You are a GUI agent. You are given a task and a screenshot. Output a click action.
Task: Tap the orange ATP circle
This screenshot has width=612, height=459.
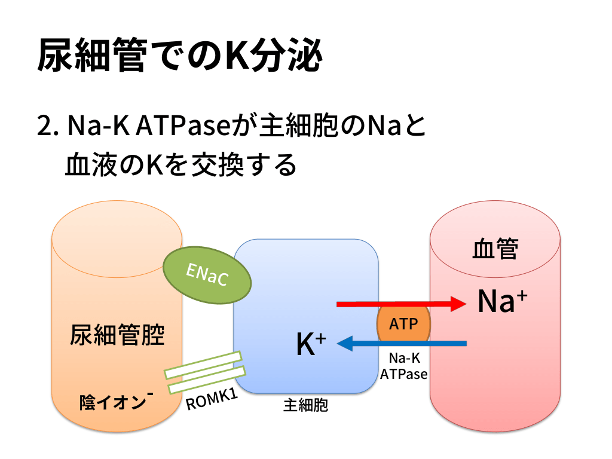click(x=403, y=325)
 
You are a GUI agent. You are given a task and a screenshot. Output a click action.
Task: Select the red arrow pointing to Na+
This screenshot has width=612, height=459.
click(x=400, y=304)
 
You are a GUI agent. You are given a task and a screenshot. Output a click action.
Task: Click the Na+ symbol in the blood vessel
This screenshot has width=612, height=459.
click(x=502, y=302)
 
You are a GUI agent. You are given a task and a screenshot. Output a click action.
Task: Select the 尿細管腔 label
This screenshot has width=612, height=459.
click(x=117, y=335)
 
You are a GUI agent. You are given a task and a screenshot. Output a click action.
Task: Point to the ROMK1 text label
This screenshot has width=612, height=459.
click(x=213, y=399)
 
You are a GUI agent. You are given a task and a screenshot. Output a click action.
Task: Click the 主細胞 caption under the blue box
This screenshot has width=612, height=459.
click(x=305, y=406)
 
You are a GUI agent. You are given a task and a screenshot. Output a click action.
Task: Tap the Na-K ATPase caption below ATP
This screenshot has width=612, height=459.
click(x=403, y=366)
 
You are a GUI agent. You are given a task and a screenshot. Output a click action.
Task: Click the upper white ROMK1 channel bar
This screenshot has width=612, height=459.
click(x=203, y=365)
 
